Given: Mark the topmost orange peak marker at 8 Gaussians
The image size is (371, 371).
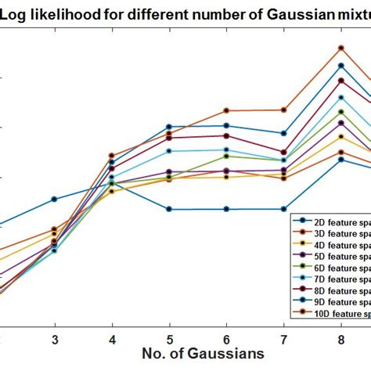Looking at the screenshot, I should click(x=341, y=47).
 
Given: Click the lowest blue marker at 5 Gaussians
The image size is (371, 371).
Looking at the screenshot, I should click(x=169, y=209).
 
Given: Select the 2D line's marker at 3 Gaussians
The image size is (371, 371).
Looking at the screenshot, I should click(x=54, y=199).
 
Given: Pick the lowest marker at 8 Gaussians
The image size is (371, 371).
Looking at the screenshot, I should click(x=341, y=159).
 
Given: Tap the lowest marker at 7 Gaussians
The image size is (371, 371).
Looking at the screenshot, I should click(x=284, y=209).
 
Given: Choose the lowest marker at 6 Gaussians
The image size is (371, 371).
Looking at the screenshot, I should click(x=227, y=209).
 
